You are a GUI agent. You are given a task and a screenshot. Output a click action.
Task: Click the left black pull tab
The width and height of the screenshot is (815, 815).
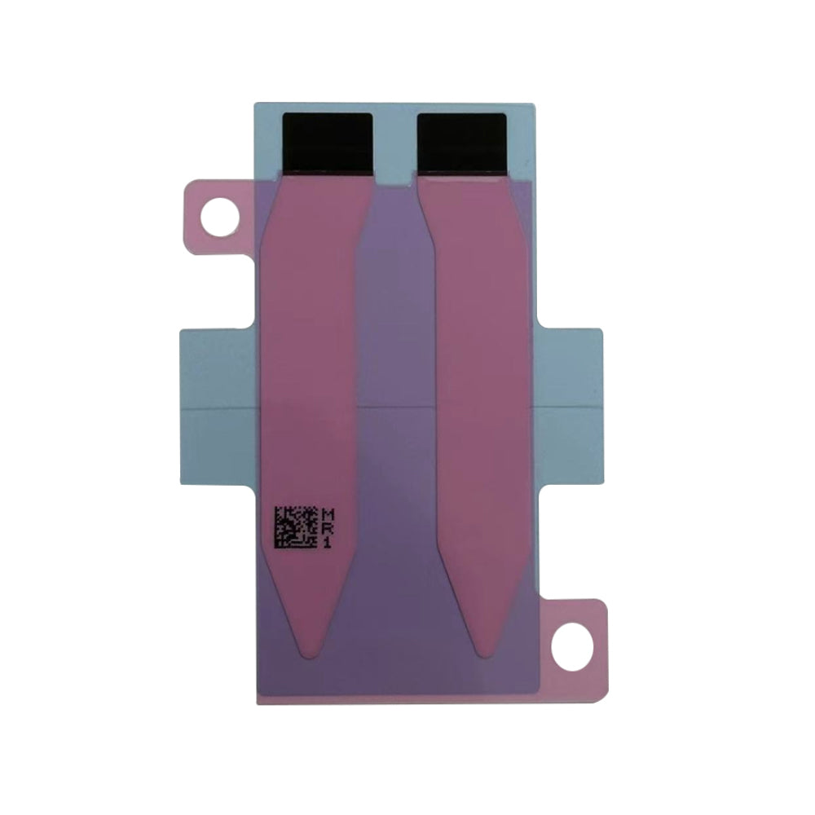pyautogui.click(x=327, y=143)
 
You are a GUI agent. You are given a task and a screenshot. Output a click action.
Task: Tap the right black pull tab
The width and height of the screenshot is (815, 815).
pyautogui.click(x=461, y=143)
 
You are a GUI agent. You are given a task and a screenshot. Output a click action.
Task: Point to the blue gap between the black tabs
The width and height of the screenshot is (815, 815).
pyautogui.click(x=395, y=143)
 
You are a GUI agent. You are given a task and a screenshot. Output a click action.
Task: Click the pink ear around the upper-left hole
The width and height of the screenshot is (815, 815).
pyautogui.click(x=196, y=204)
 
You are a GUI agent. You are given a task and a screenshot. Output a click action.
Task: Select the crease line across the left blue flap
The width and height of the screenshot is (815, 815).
pyautogui.click(x=218, y=405)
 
